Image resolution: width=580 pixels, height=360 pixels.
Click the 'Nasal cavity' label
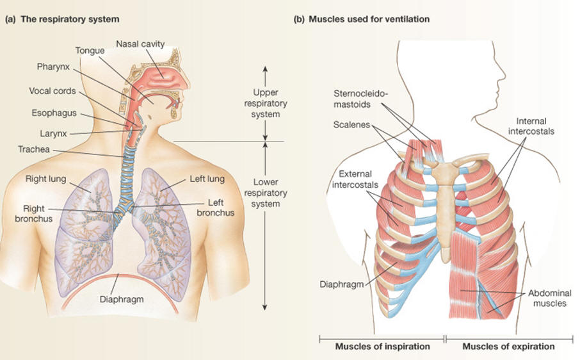(140, 44)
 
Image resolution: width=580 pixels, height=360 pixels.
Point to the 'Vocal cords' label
(52, 91)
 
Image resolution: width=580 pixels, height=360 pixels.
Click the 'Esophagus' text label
(54, 113)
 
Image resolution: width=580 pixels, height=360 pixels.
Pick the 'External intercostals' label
(356, 179)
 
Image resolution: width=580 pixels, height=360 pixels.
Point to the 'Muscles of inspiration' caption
(382, 347)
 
